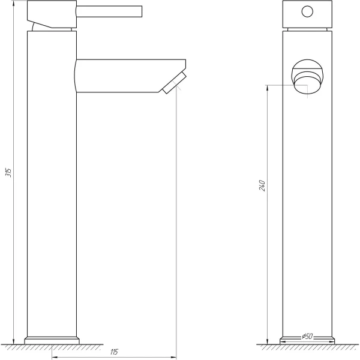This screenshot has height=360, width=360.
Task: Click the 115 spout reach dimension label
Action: [x=114, y=350]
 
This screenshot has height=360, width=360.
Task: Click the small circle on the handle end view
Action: [x=307, y=11]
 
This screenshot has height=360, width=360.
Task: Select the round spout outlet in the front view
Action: [x=307, y=79]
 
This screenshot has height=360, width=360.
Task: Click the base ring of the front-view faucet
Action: [x=307, y=340]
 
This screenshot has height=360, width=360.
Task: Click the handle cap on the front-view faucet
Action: [x=307, y=14]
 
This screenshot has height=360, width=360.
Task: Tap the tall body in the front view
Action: [x=307, y=210]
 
